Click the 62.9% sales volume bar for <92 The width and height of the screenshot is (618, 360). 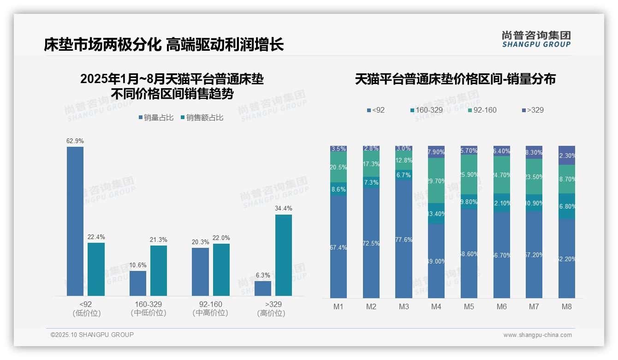click(75, 221)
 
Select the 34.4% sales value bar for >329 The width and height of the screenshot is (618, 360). click(284, 255)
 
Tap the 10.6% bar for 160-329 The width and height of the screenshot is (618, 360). click(138, 283)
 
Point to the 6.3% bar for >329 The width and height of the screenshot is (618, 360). click(263, 288)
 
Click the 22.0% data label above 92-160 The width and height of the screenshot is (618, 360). click(221, 238)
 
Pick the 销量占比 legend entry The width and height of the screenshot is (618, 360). click(156, 118)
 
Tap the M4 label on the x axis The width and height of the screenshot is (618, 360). click(436, 306)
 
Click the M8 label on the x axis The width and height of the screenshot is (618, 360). click(567, 306)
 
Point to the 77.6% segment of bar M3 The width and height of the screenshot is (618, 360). click(404, 239)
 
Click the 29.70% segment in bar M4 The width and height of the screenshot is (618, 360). click(436, 180)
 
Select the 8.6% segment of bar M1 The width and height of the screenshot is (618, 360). click(339, 189)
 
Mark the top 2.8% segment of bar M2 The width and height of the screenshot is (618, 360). click(371, 149)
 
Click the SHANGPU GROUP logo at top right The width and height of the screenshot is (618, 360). click(536, 39)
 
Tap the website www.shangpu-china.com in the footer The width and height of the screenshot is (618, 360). click(537, 335)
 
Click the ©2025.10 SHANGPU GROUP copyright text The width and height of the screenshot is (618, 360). click(92, 335)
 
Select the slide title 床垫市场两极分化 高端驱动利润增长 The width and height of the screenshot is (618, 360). click(164, 45)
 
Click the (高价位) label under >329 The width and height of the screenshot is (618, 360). click(271, 313)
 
